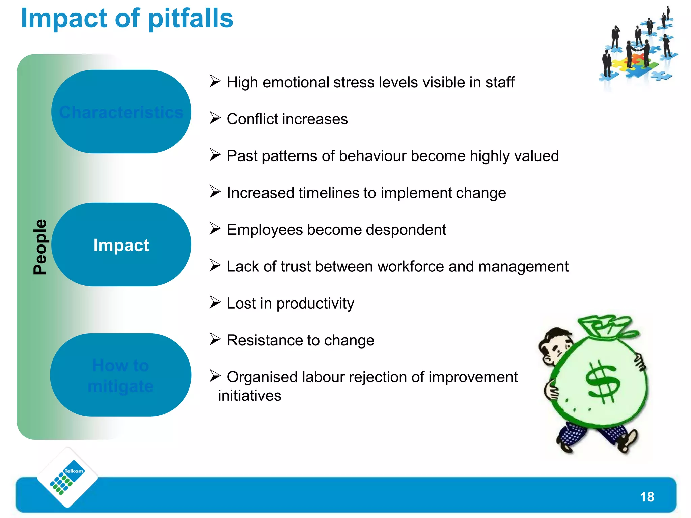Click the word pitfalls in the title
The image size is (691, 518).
(x=191, y=19)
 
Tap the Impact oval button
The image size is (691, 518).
(x=121, y=245)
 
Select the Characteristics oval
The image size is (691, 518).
(x=121, y=112)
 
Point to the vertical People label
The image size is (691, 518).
(x=40, y=247)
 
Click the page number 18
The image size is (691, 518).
(x=647, y=497)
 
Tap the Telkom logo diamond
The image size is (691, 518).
(x=67, y=477)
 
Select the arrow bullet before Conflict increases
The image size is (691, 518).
(x=215, y=118)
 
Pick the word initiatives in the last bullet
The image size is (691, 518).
(x=249, y=396)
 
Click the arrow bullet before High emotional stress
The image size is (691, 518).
(x=215, y=81)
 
